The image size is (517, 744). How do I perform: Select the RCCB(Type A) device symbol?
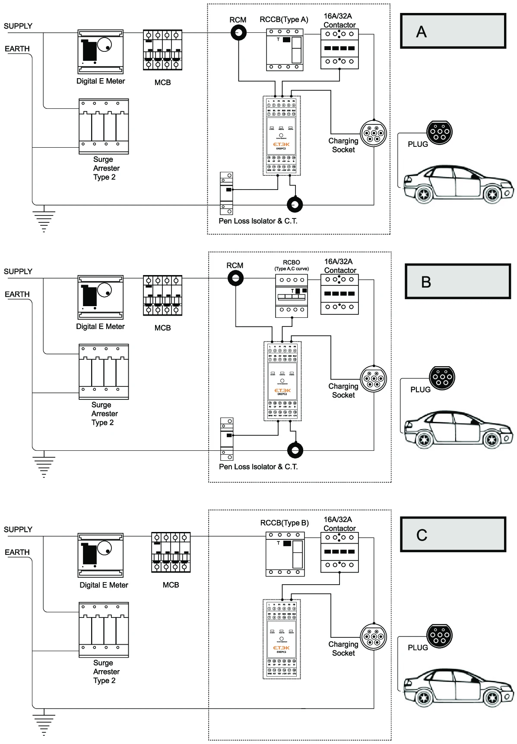(x=284, y=50)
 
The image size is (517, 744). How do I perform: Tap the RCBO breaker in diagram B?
(x=292, y=296)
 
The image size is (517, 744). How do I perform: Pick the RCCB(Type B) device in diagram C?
(x=285, y=554)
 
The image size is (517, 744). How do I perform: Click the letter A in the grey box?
(x=421, y=32)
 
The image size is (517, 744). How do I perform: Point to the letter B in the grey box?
(x=426, y=282)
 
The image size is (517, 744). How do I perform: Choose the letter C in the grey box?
(x=422, y=535)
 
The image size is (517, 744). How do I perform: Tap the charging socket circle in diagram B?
(x=373, y=379)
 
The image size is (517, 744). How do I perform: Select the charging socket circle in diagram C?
(x=373, y=637)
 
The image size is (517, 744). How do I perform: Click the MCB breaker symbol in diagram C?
(x=171, y=552)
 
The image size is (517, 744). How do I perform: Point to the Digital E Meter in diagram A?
(x=100, y=52)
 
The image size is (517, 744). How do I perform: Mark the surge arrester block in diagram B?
(x=104, y=371)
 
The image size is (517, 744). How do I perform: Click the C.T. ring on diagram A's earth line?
(x=295, y=205)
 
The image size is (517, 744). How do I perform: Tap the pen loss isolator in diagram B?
(x=227, y=439)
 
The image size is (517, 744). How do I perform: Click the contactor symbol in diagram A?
(x=339, y=49)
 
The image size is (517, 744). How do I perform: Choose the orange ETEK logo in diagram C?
(x=282, y=648)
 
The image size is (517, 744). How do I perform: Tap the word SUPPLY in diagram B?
(x=18, y=272)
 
